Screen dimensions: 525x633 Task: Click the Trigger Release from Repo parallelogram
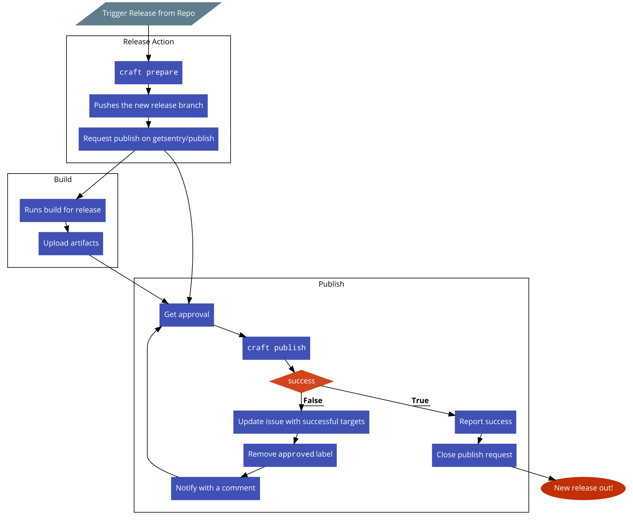pyautogui.click(x=148, y=14)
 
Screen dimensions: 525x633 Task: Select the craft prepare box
pyautogui.click(x=148, y=73)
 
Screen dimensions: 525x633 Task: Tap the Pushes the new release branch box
pyautogui.click(x=148, y=106)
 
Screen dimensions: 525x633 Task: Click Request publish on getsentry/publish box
pyautogui.click(x=148, y=139)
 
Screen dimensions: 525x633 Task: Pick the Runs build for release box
pyautogui.click(x=62, y=210)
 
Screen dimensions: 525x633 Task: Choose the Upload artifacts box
pyautogui.click(x=71, y=244)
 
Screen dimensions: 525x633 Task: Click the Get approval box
pyautogui.click(x=187, y=315)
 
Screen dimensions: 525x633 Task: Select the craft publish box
pyautogui.click(x=276, y=348)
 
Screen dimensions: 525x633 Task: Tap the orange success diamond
pyautogui.click(x=301, y=381)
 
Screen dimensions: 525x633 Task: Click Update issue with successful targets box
pyautogui.click(x=301, y=422)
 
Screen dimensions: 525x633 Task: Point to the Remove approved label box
pyautogui.click(x=290, y=455)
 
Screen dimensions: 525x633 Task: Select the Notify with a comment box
pyautogui.click(x=216, y=488)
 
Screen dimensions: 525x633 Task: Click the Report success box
pyautogui.click(x=485, y=422)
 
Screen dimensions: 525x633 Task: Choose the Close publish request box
pyautogui.click(x=474, y=455)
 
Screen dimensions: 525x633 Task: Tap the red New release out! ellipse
pyautogui.click(x=583, y=488)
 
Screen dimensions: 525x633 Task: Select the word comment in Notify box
pyautogui.click(x=239, y=488)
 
